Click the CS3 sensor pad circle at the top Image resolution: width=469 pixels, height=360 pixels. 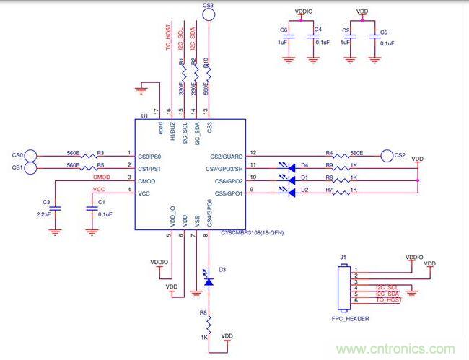(x=209, y=15)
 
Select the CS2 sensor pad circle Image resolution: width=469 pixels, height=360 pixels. (x=386, y=154)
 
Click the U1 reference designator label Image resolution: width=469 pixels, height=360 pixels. (x=145, y=115)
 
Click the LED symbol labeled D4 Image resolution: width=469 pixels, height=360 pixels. (x=291, y=167)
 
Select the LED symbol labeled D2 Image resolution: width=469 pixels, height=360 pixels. (x=291, y=192)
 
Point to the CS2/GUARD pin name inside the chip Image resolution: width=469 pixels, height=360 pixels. (x=227, y=156)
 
